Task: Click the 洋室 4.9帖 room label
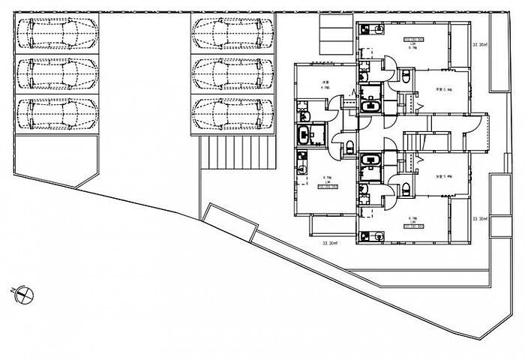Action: tap(326, 85)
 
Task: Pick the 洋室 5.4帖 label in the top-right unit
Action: tap(443, 89)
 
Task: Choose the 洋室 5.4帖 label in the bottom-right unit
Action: tap(443, 176)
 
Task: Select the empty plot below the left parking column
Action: tap(56, 161)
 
